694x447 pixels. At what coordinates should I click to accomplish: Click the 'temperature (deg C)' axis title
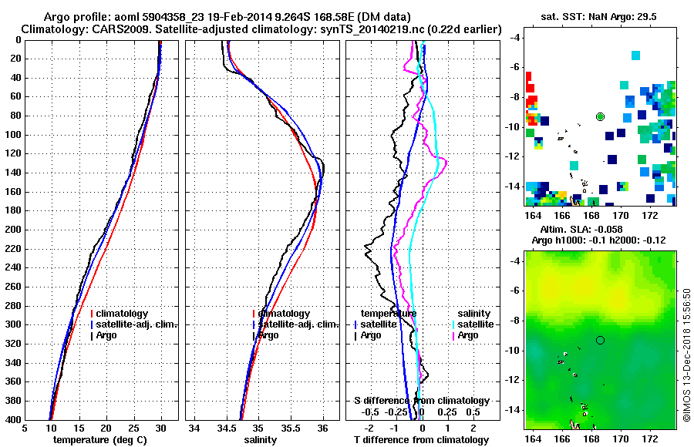tap(100, 440)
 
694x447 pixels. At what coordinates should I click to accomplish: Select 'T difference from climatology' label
tap(419, 440)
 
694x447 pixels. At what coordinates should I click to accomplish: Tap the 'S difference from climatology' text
tap(422, 401)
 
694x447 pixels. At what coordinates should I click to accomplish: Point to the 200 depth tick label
tap(13, 230)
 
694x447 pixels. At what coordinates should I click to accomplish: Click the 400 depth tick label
tap(13, 420)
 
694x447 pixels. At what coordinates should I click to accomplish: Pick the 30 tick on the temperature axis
tap(160, 428)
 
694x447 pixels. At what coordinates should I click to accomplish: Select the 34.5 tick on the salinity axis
tap(227, 428)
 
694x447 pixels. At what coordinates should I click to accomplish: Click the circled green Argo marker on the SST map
tap(600, 116)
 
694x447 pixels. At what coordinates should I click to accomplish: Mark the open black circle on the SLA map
tap(600, 340)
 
